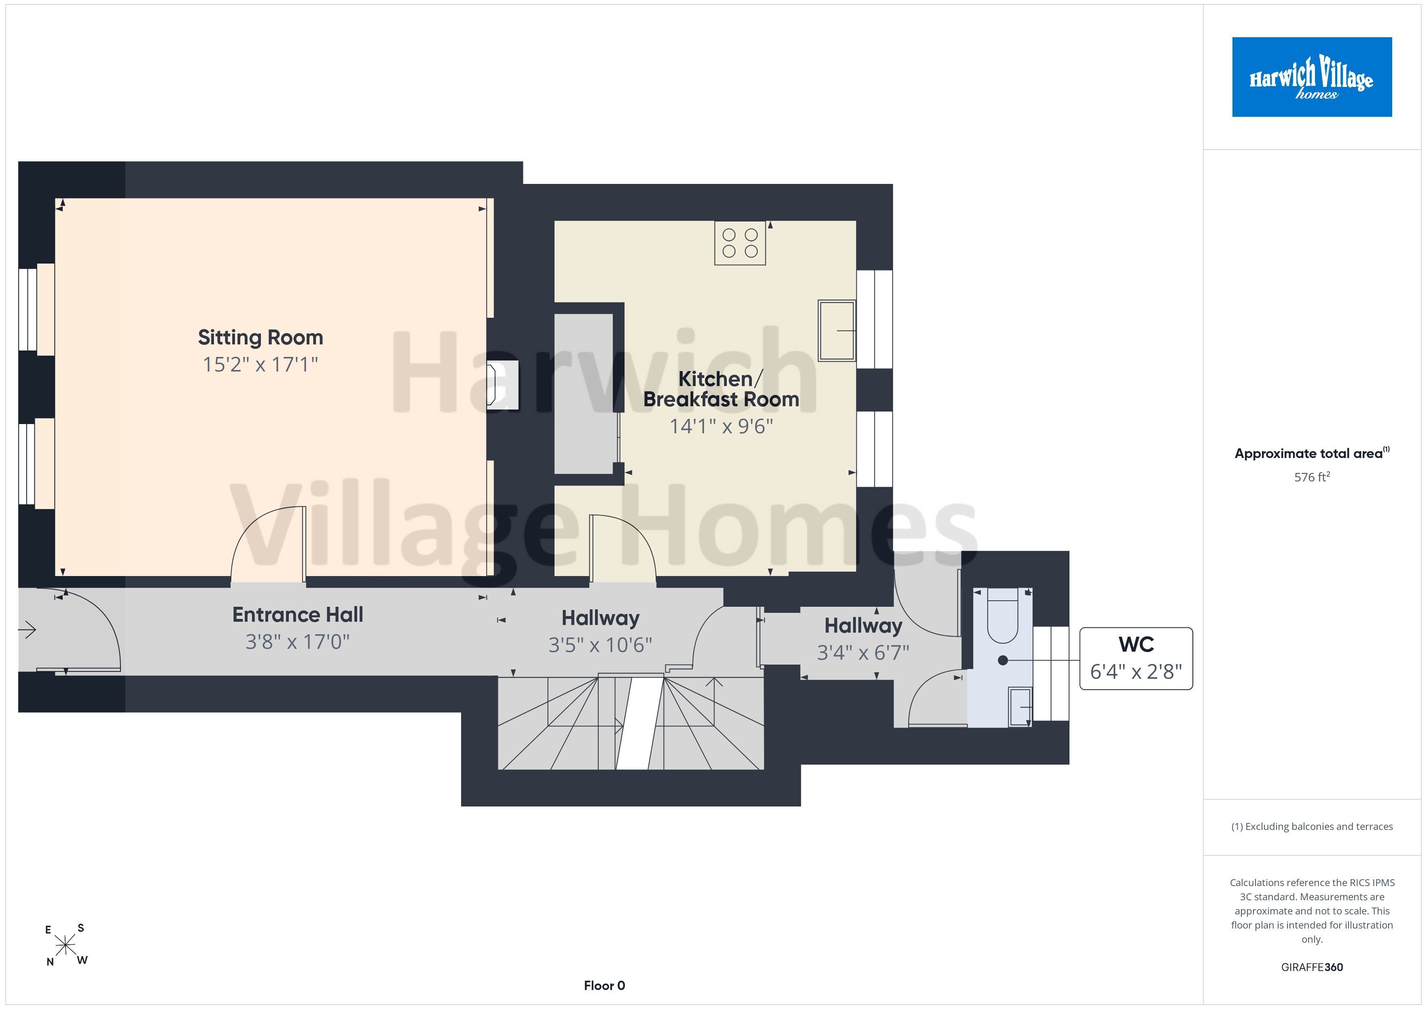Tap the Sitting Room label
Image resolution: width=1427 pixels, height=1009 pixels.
coord(260,338)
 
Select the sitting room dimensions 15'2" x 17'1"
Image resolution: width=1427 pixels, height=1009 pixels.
coord(260,364)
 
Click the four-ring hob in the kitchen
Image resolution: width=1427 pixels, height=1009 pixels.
coord(740,243)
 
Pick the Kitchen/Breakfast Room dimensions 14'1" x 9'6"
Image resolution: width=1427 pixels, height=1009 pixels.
coord(721,426)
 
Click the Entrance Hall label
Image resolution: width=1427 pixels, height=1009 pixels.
coord(298,614)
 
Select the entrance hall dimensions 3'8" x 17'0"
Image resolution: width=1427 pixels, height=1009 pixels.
coord(298,641)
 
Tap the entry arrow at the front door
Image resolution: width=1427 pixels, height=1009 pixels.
coord(28,630)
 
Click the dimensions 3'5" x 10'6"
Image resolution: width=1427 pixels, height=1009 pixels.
coord(600,645)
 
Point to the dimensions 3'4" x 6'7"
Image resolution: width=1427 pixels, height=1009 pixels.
coord(863,652)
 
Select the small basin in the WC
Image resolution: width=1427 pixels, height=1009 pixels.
coord(1020,707)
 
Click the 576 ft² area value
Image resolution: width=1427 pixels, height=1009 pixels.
coord(1312,477)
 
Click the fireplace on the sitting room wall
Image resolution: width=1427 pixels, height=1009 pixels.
coord(502,385)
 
